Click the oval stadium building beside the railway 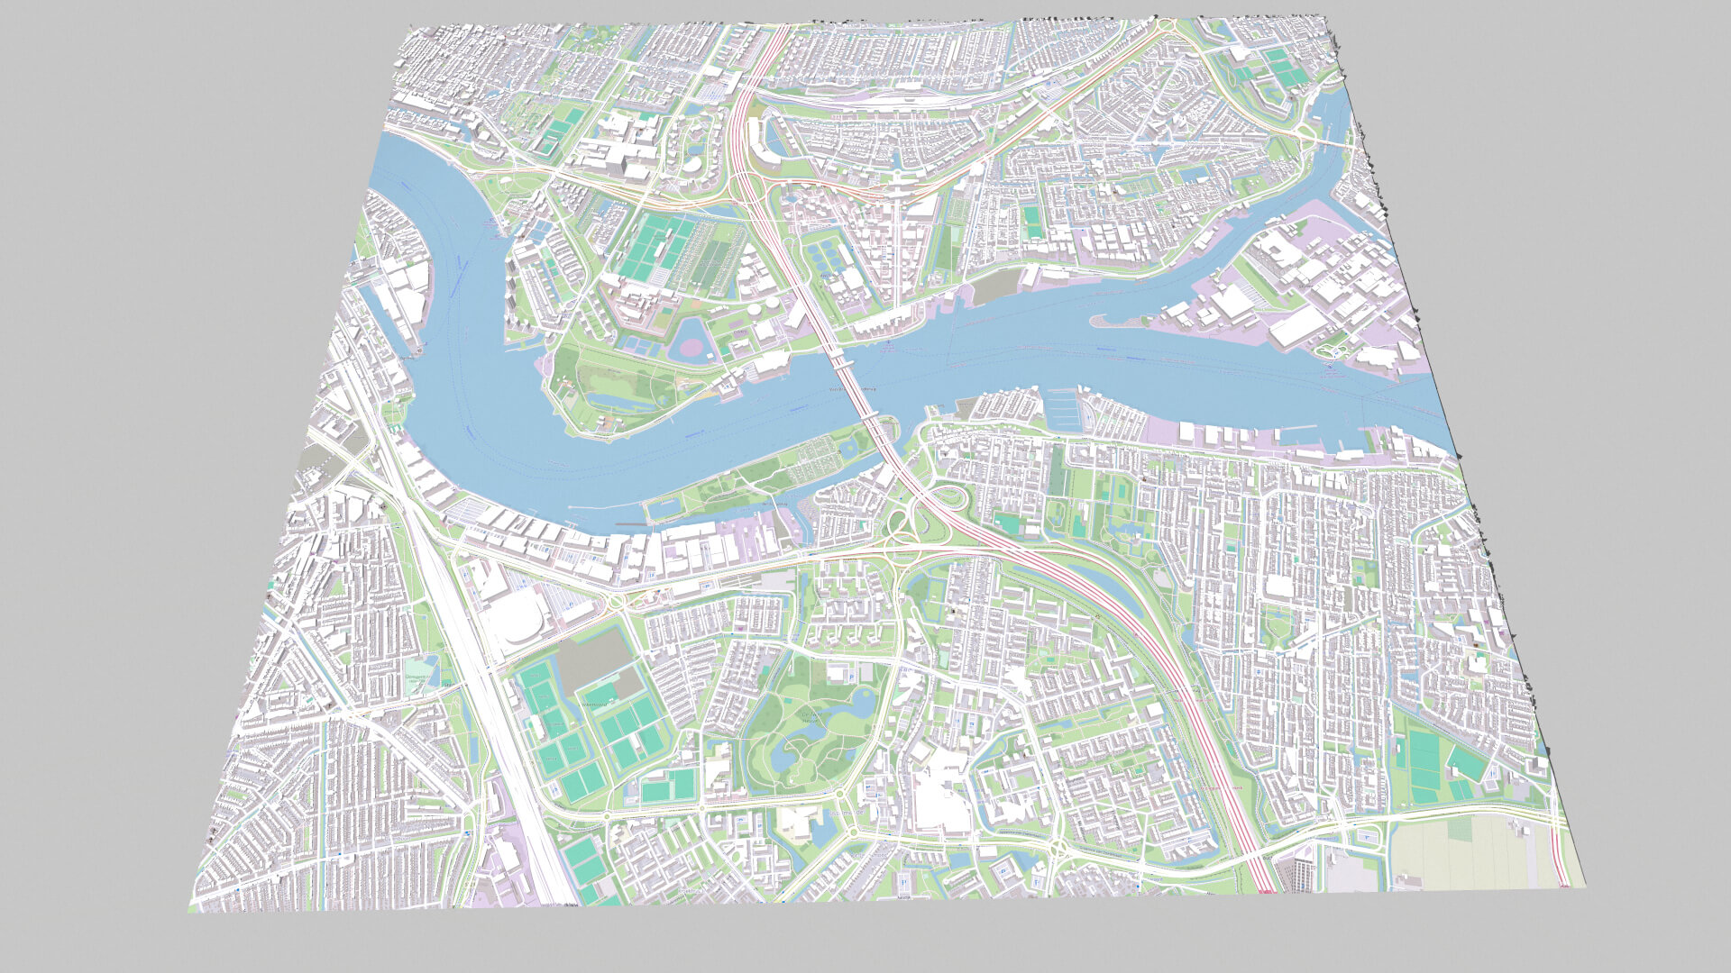tap(517, 622)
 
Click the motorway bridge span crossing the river tap(852, 378)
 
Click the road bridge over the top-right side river tap(1334, 142)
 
